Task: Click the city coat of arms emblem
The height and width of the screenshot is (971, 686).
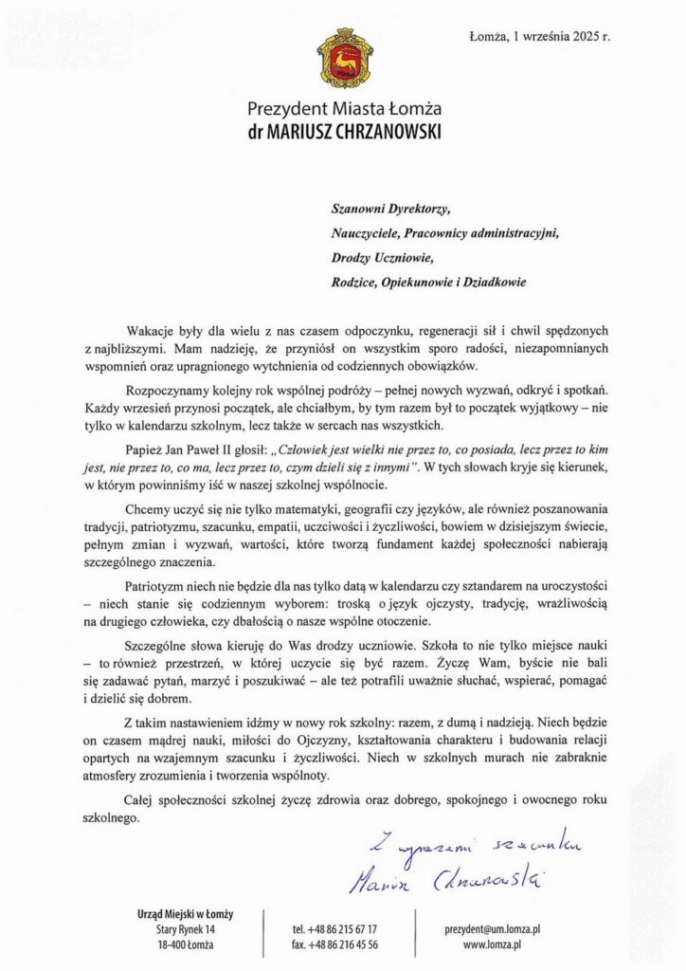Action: click(x=342, y=60)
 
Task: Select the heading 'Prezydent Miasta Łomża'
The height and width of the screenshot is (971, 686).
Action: click(x=342, y=109)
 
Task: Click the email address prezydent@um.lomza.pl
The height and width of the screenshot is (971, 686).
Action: click(x=492, y=929)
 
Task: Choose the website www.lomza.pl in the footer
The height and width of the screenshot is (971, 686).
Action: click(x=492, y=944)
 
